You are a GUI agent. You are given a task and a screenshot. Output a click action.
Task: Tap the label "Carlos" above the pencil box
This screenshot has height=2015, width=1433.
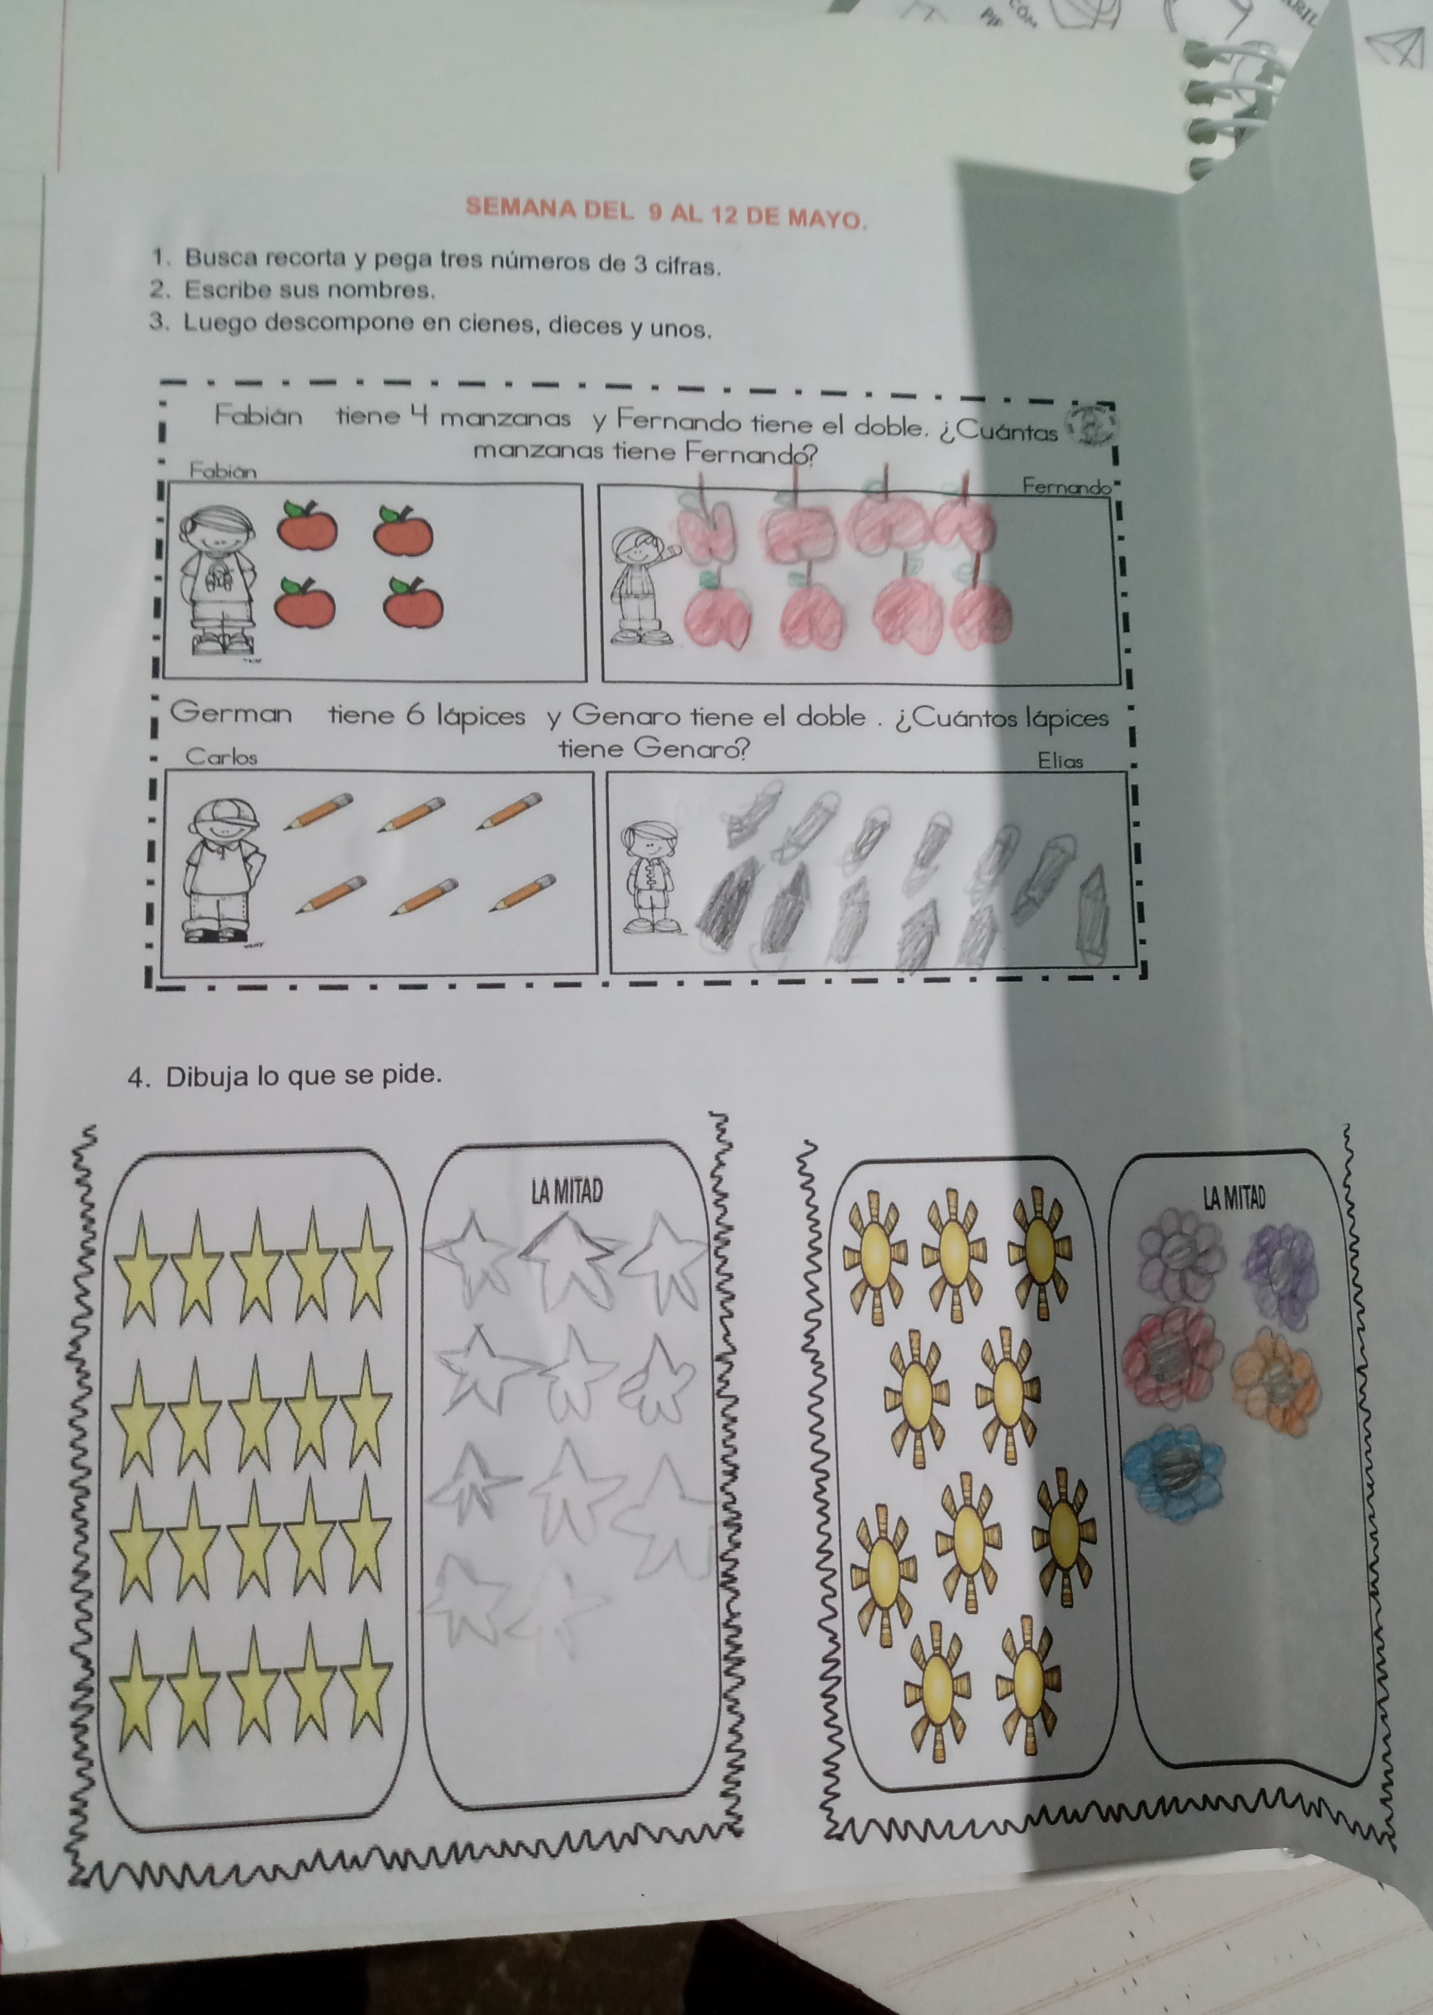(x=222, y=756)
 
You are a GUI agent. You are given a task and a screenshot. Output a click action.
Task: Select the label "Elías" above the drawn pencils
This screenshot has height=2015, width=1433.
(x=1060, y=760)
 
